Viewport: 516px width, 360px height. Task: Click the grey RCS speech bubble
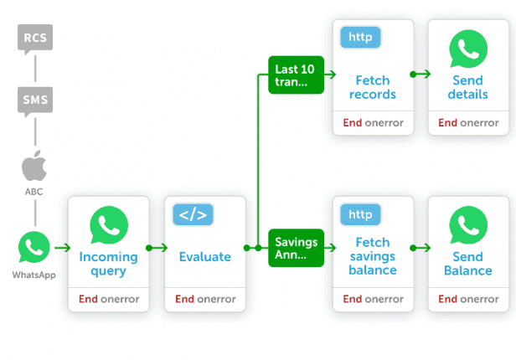coord(35,39)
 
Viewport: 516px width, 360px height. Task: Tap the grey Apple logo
coord(34,166)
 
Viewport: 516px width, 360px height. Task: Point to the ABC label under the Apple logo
coord(34,192)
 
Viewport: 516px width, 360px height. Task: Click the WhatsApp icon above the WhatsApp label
coord(34,247)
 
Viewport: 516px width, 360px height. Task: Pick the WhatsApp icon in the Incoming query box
coord(109,225)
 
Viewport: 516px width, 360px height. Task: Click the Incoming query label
coord(109,264)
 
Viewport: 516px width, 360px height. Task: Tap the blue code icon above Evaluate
coord(193,214)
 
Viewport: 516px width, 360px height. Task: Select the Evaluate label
coord(205,257)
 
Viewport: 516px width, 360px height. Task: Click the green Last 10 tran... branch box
coord(297,75)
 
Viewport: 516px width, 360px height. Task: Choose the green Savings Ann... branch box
coord(297,248)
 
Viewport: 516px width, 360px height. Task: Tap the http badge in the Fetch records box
coord(361,37)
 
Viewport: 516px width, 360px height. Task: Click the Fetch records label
coord(373,87)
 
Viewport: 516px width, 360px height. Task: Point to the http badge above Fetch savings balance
coord(361,214)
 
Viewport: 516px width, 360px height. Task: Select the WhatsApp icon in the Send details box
coord(468,49)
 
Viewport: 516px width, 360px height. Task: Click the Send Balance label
coord(468,264)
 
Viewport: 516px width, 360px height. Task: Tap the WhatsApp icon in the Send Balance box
coord(468,225)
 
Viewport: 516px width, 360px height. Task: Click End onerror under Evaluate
coord(205,299)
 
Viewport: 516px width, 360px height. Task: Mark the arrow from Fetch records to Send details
coord(421,75)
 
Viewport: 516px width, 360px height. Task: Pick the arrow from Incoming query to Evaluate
coord(157,248)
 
